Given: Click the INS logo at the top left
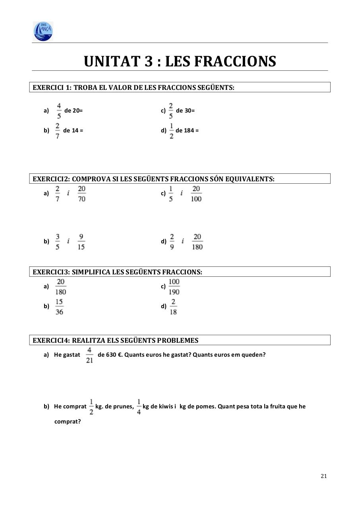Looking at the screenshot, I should click(x=43, y=31).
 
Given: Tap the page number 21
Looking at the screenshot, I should click(x=323, y=476).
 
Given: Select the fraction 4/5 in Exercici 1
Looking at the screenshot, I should click(x=59, y=111).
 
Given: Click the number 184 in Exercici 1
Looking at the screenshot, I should click(x=189, y=130).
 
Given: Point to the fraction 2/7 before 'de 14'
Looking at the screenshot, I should click(x=58, y=131).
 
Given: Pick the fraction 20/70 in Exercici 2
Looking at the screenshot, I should click(x=81, y=194).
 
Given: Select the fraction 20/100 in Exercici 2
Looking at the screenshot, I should click(x=196, y=194).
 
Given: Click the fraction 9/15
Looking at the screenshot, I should click(x=81, y=242).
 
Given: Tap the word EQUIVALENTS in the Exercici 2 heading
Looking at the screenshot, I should click(x=250, y=179).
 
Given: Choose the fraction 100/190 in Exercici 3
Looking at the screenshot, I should click(x=174, y=287).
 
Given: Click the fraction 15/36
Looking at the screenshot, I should click(x=59, y=307).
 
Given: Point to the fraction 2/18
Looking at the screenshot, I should click(x=173, y=307).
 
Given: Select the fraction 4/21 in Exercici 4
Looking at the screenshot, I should click(x=89, y=355).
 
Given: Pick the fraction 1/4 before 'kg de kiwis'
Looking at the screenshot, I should click(x=139, y=407).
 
